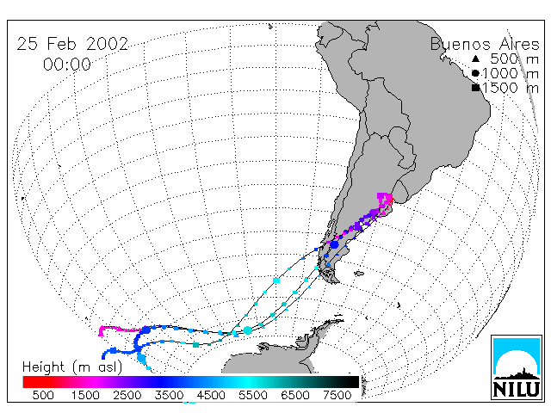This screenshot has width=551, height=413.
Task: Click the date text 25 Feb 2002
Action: tap(72, 44)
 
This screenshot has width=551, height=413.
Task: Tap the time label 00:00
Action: tap(67, 65)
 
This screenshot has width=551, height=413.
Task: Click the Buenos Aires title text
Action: tap(485, 44)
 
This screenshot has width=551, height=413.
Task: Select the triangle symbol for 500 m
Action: tap(475, 59)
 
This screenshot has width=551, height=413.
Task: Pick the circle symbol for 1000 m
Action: tap(475, 73)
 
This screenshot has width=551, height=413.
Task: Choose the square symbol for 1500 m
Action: tap(475, 88)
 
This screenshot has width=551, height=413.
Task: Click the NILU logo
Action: tap(517, 367)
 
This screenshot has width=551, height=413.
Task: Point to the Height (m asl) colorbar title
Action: tap(72, 367)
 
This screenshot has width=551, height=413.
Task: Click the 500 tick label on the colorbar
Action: tap(43, 395)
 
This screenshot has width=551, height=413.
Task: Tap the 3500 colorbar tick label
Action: tap(169, 395)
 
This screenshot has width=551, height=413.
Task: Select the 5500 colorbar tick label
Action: tap(252, 395)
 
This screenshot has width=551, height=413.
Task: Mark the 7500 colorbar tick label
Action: tap(337, 395)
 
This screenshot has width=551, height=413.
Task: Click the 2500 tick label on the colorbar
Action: tap(127, 395)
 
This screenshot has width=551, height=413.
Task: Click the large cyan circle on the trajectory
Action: tap(248, 330)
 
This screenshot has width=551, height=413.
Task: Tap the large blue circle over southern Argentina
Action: tap(334, 244)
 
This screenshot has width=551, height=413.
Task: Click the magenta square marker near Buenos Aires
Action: tap(381, 196)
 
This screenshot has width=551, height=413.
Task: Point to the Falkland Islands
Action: tap(359, 273)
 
